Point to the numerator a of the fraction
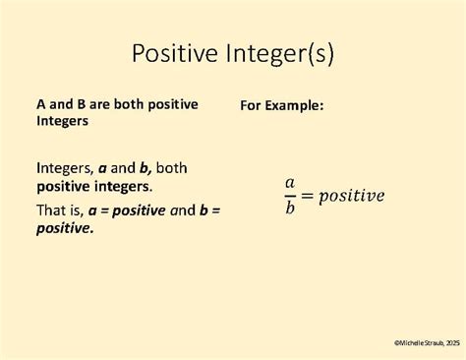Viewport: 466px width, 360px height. tap(290, 182)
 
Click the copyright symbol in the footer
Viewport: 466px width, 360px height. tap(396, 342)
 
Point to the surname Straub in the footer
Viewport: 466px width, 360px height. tap(427, 342)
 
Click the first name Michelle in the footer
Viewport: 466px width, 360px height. tap(408, 342)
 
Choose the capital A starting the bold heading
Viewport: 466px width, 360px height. tap(41, 103)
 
